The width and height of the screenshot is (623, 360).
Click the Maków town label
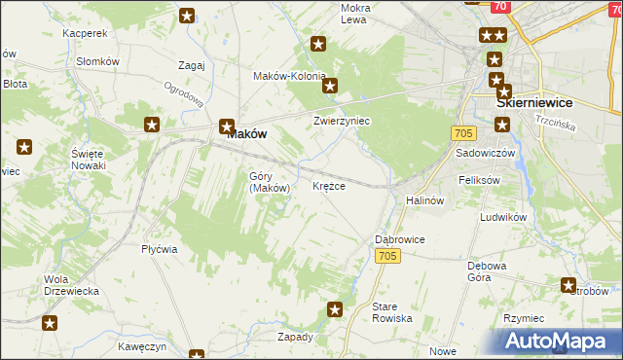tap(246, 136)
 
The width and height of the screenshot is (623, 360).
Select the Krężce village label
tap(329, 186)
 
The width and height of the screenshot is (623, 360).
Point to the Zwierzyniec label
tap(342, 122)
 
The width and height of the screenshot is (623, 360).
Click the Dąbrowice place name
tap(400, 238)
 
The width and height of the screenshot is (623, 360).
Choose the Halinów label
tap(425, 200)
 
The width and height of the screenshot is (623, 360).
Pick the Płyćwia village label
tap(159, 249)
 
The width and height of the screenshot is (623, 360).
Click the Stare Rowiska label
tap(392, 312)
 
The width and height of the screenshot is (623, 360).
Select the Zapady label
tap(295, 337)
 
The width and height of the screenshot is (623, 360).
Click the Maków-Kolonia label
tap(289, 76)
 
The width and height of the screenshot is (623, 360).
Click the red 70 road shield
tap(499, 6)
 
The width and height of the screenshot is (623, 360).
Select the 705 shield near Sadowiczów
tap(462, 132)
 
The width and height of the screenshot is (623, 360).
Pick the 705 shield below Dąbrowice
tap(387, 255)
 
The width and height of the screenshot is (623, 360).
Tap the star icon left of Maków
tap(153, 125)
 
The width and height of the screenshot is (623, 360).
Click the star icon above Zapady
tap(335, 310)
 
